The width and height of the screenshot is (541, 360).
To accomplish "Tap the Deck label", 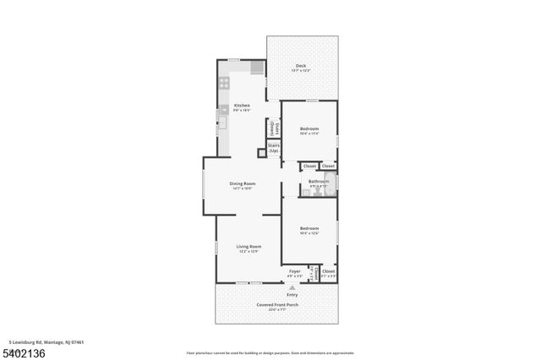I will click(x=301, y=66).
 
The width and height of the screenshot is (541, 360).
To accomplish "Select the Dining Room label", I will click(x=243, y=183).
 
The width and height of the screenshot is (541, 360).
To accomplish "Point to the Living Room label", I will click(x=249, y=247).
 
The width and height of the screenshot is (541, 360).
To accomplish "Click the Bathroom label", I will click(x=319, y=181).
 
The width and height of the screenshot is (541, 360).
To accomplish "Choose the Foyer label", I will click(x=294, y=271).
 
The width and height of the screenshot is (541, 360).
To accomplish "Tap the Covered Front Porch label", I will click(x=278, y=304).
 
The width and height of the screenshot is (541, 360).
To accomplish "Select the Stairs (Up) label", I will click(x=274, y=148).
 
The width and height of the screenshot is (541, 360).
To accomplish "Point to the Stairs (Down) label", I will click(x=273, y=128).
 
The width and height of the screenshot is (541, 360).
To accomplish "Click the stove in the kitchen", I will click(x=224, y=83).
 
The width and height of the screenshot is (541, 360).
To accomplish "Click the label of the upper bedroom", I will click(x=309, y=128).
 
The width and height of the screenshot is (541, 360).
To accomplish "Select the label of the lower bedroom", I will click(x=309, y=228).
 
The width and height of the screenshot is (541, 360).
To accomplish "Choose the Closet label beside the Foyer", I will click(x=328, y=271).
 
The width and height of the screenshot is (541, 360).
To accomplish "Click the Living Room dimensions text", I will click(x=249, y=252).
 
